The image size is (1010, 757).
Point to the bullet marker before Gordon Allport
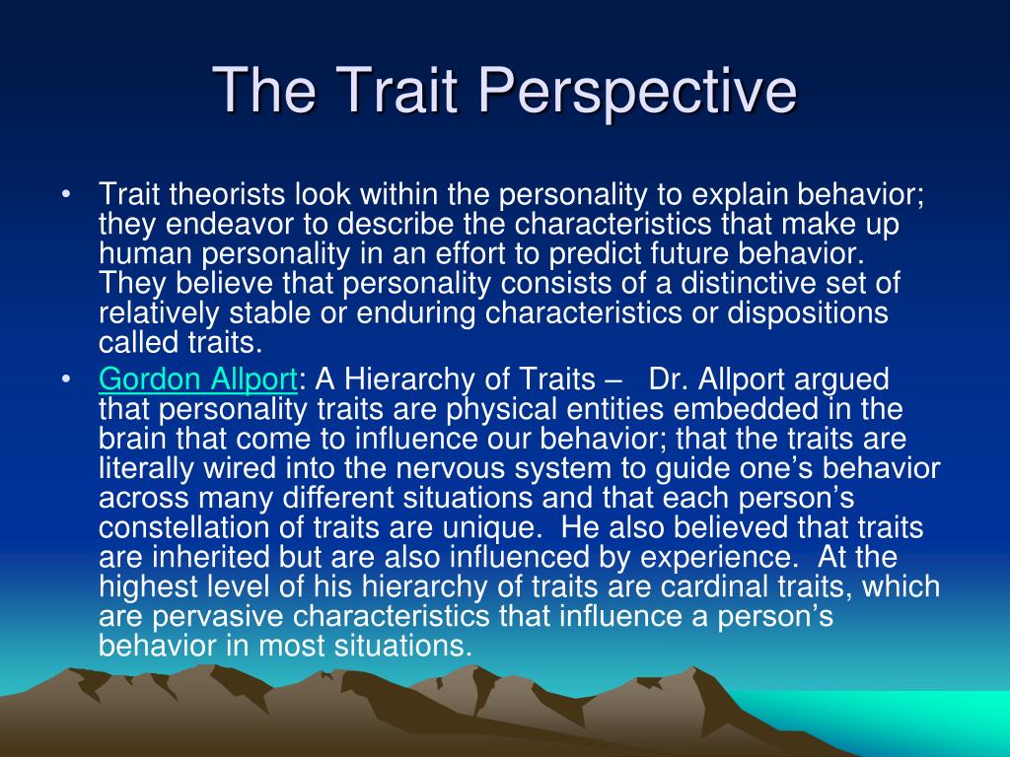65,379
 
